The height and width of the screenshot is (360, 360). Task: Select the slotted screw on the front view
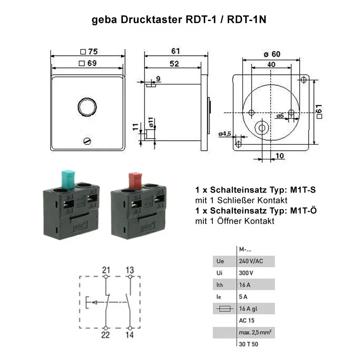tap(88, 141)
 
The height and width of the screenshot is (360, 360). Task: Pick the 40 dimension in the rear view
tap(271, 64)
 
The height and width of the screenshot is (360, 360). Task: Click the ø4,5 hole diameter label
tap(225, 134)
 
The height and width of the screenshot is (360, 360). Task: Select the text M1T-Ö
tap(301, 211)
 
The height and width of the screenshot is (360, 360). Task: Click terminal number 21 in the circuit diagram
tap(106, 270)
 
